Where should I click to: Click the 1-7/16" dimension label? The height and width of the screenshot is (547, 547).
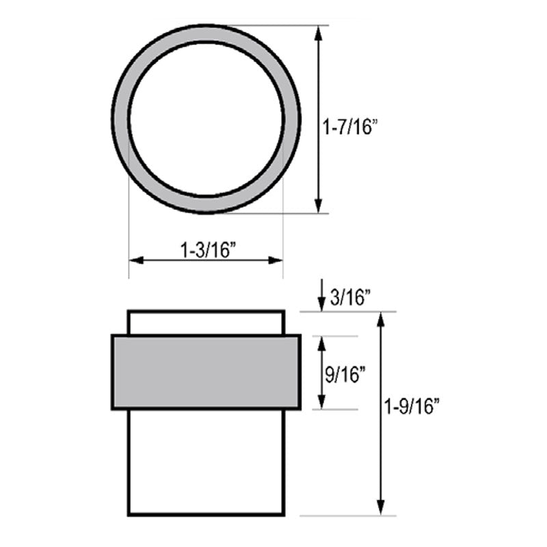350,126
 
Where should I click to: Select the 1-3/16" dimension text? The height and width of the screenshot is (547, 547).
208,250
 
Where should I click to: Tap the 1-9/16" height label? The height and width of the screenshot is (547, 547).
412,406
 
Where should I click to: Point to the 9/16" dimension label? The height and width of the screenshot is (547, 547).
345,375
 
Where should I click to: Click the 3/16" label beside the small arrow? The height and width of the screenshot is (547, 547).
350,298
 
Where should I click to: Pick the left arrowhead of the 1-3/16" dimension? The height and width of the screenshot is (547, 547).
136,261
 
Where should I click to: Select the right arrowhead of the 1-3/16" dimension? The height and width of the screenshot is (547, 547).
276,261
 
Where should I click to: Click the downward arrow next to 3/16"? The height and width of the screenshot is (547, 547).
321,295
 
